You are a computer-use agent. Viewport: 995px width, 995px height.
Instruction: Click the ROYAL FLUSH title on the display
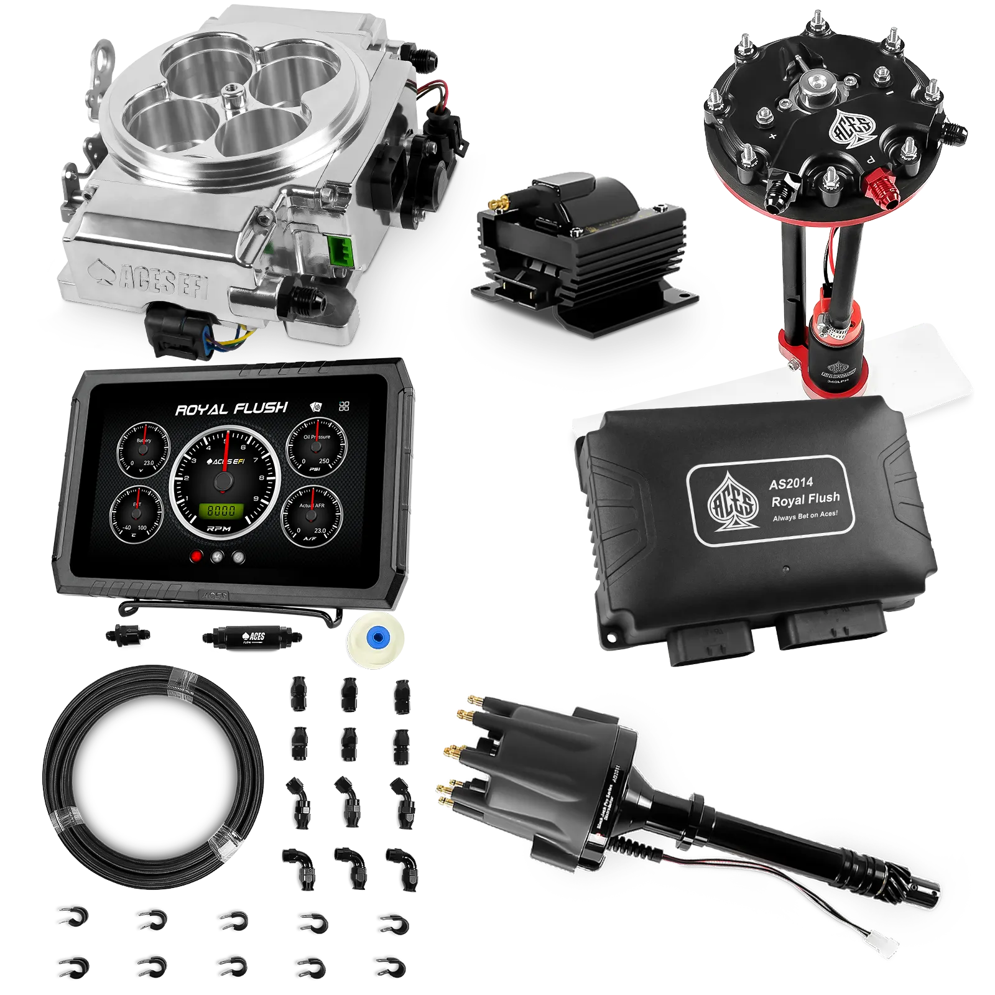[x=231, y=409]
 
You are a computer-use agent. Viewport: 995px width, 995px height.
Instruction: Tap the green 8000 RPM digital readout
[x=221, y=511]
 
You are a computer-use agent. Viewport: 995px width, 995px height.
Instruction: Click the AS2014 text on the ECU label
[x=790, y=483]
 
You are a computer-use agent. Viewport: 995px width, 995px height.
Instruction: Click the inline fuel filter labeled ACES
[x=252, y=637]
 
